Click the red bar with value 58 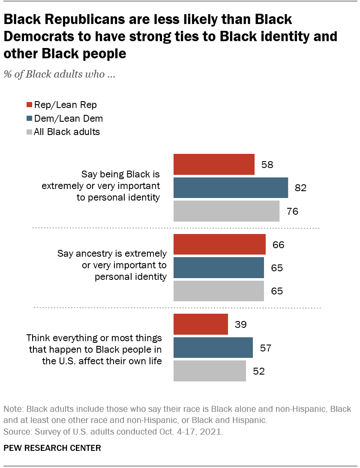[x=214, y=165]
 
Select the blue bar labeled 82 [x=231, y=188]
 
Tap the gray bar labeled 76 [x=226, y=211]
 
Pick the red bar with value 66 [x=219, y=245]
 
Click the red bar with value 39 [x=201, y=324]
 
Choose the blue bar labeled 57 [x=213, y=347]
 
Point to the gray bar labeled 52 [x=210, y=371]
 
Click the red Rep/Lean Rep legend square [x=29, y=105]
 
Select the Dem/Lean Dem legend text [x=69, y=118]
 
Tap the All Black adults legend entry [x=63, y=132]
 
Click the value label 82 [x=300, y=188]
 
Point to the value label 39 [x=240, y=325]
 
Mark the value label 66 [x=278, y=245]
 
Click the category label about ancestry [x=112, y=265]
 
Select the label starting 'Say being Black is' [x=120, y=186]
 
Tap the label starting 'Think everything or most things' [x=94, y=349]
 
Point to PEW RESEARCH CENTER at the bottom [x=52, y=448]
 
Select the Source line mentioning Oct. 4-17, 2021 [x=113, y=432]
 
